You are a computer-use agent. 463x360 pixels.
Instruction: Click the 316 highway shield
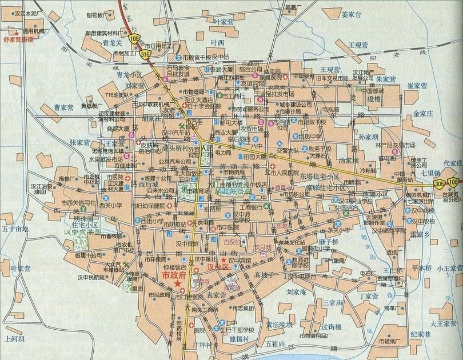pos(145,53)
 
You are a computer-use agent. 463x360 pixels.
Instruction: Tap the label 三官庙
pos(333,301)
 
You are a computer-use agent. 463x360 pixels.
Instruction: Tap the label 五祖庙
pos(277,343)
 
